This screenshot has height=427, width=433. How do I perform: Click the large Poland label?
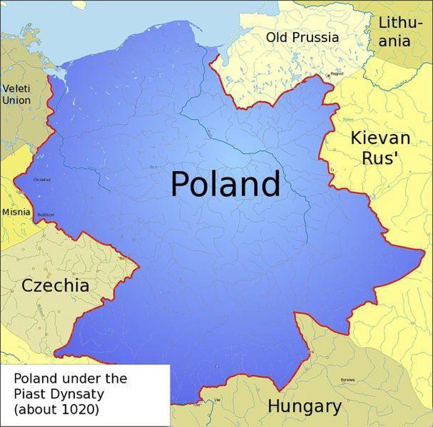225,185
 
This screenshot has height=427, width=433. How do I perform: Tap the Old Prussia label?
302,38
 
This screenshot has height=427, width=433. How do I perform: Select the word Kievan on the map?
380,138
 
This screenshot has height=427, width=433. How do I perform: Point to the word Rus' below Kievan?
381,158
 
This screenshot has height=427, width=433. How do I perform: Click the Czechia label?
55,286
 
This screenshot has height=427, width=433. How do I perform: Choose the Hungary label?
304,406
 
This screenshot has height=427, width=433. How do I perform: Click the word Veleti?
16,88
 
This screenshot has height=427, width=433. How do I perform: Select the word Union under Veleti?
16,100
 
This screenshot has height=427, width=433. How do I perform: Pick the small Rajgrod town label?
337,74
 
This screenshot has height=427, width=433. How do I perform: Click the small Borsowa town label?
347,380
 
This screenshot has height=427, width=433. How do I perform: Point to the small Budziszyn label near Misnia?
46,214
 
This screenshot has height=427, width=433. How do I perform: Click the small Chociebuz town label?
42,179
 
